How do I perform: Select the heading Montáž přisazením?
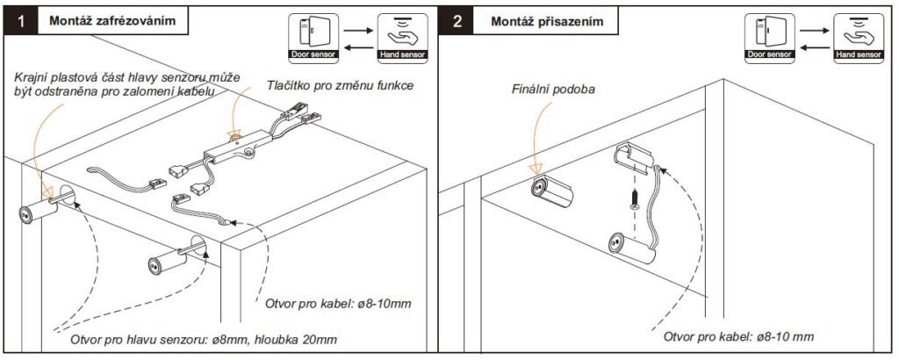pyautogui.click(x=546, y=20)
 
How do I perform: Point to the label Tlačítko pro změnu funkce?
pyautogui.click(x=340, y=86)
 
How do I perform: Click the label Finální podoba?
pyautogui.click(x=552, y=90)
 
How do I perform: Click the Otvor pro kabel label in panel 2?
pyautogui.click(x=738, y=336)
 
